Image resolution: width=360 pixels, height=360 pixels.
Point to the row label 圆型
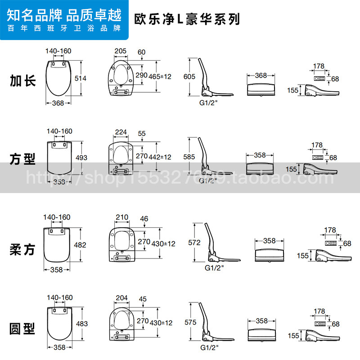(22, 329)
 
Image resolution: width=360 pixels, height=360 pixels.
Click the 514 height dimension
(81, 78)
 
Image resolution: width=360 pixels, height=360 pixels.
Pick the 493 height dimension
(82, 157)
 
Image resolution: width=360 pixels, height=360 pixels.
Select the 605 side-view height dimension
(189, 77)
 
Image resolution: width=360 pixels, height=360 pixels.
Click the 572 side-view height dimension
(194, 243)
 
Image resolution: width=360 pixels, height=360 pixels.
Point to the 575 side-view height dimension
(190, 323)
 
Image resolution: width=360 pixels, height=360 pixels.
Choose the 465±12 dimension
(160, 76)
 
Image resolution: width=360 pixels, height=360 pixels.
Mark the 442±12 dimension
(160, 157)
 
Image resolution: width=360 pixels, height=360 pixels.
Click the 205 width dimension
(120, 51)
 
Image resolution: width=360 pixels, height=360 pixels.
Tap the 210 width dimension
(122, 218)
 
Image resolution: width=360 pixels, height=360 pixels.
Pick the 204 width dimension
(121, 298)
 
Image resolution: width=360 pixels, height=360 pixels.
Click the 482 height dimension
(80, 245)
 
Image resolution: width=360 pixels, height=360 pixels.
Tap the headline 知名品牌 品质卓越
(64, 15)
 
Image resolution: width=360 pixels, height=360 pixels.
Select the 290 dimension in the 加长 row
(141, 75)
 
